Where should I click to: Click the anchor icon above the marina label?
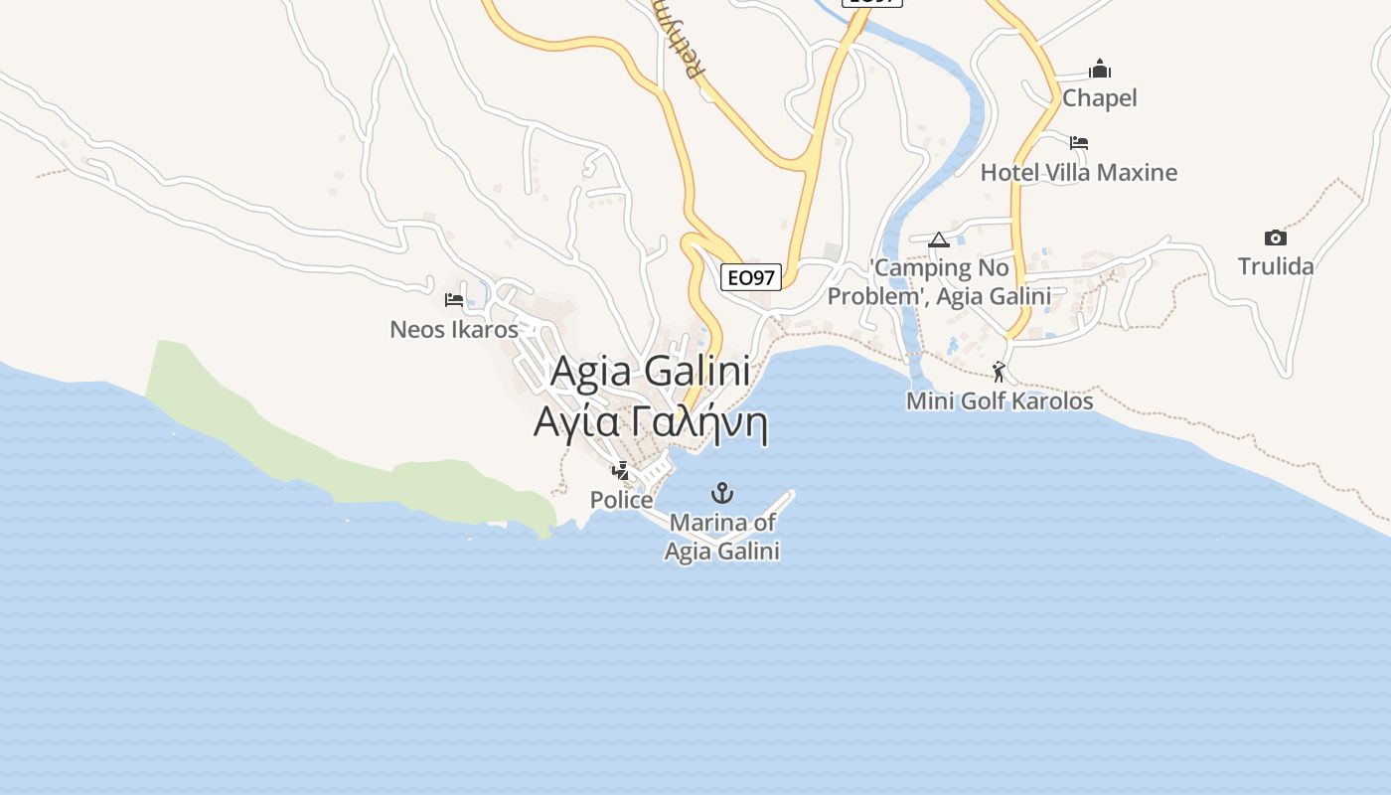coord(722,493)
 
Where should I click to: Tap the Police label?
coord(621,500)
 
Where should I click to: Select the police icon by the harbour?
coord(621,470)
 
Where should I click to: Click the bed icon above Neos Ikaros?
coord(454,299)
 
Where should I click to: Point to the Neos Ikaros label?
coord(454,329)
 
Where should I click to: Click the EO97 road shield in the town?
coord(750,277)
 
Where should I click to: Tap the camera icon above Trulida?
coord(1275,238)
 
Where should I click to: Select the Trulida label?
coord(1275,266)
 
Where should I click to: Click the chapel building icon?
coord(1099,69)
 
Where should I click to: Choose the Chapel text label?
coord(1099,98)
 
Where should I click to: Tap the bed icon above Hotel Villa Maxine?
coord(1079,143)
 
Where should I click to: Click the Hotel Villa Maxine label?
coord(1078,173)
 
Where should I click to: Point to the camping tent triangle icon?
coord(939,239)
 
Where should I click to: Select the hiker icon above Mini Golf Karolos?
coord(999,372)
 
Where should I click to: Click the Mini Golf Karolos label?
coord(999,401)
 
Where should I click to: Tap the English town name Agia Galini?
coord(649,372)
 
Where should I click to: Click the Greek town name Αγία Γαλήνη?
coord(651,421)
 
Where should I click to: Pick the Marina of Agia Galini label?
coord(722,537)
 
